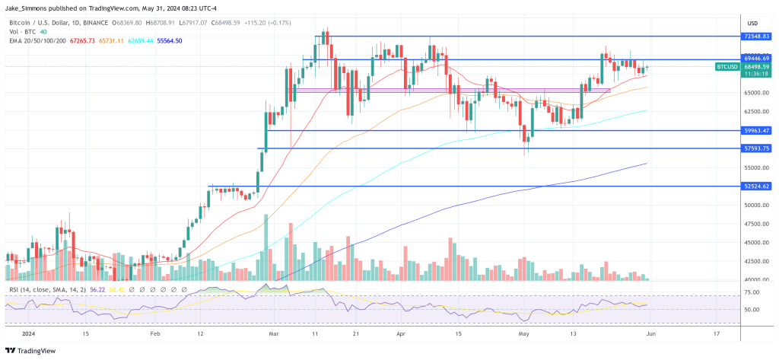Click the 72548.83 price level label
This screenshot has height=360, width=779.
click(756, 37)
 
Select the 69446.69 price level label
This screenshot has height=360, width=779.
click(756, 59)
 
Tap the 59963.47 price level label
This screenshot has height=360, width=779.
click(756, 131)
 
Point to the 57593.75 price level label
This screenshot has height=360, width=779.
click(756, 148)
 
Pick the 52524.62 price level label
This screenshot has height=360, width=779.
click(756, 186)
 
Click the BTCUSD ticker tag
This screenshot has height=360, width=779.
click(727, 67)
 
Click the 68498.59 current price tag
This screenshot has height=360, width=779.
click(756, 67)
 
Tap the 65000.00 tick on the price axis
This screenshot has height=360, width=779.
click(755, 93)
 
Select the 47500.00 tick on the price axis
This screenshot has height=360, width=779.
click(755, 224)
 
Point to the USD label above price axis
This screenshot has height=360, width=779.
click(753, 23)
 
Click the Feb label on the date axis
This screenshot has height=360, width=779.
click(155, 333)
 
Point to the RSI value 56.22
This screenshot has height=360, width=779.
click(97, 289)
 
